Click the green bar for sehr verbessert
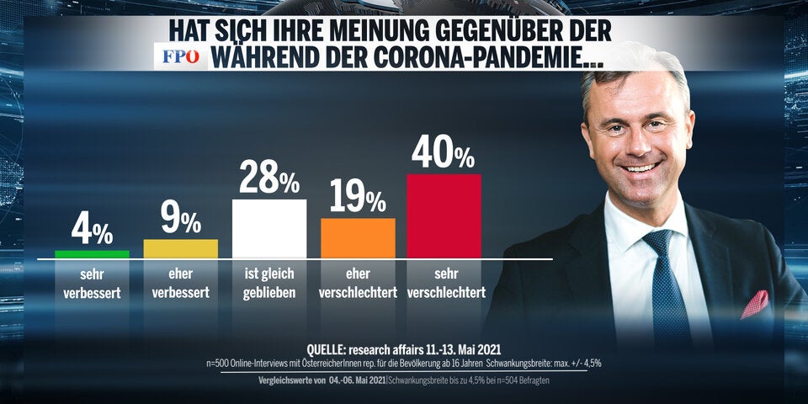coord(92,253)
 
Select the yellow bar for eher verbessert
coord(181,248)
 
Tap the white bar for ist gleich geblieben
coord(269,228)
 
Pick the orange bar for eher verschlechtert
coord(358,237)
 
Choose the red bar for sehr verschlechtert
coord(444,215)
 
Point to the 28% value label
coord(269,178)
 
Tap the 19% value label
coord(357,198)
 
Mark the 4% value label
coord(91,230)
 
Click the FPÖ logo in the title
coord(180,57)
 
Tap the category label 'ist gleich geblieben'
coord(269,285)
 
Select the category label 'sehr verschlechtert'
coord(444,285)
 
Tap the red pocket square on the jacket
coord(755,303)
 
